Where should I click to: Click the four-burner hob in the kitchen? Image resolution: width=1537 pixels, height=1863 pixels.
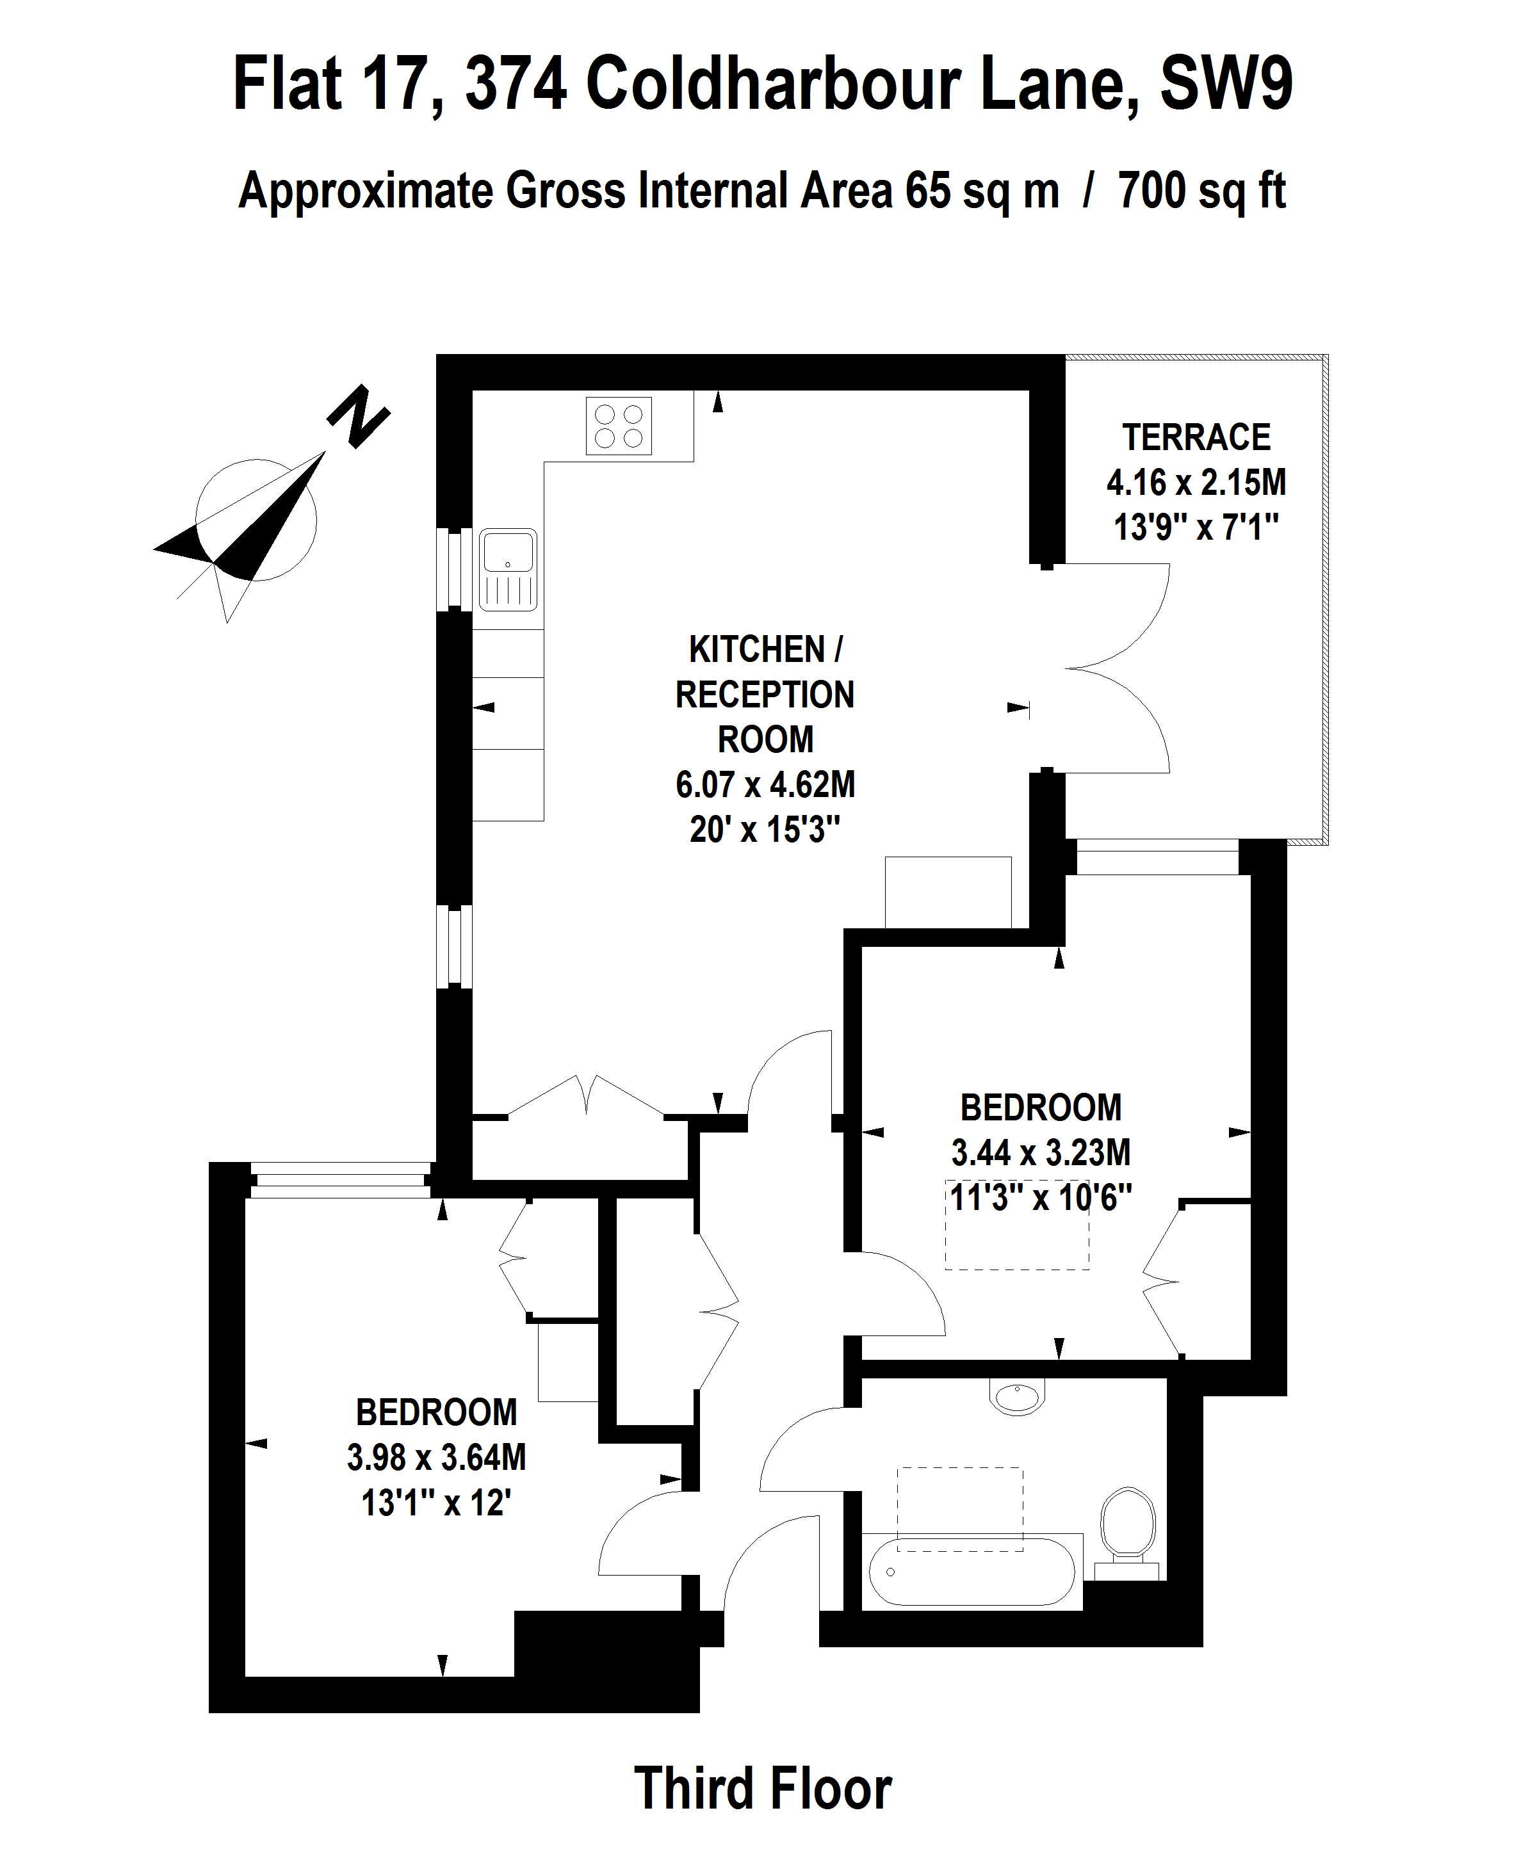(x=619, y=426)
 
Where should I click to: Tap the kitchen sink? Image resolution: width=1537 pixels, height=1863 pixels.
(x=508, y=570)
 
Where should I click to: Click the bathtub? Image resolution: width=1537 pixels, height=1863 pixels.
(x=972, y=1572)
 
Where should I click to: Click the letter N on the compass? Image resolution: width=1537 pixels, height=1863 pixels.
(x=359, y=416)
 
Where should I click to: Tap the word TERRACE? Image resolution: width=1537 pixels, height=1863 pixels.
(x=1196, y=437)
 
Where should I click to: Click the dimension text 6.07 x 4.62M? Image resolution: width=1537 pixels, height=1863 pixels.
(x=765, y=784)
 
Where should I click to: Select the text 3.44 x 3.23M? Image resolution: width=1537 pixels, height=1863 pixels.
(x=1041, y=1152)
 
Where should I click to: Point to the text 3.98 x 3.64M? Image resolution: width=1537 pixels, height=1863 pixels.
(x=437, y=1456)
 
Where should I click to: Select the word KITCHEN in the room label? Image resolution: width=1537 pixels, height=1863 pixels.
(x=757, y=650)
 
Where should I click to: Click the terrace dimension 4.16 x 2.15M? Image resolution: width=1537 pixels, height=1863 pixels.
(x=1196, y=482)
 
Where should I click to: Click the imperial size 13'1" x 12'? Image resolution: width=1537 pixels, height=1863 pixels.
(x=437, y=1503)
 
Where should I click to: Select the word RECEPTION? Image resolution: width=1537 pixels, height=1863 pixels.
(x=765, y=695)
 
